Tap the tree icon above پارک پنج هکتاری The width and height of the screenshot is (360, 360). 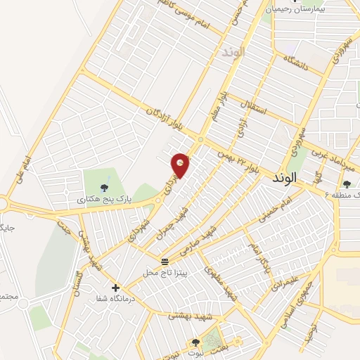click(x=104, y=187)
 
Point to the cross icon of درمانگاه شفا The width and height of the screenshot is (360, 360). click(x=116, y=287)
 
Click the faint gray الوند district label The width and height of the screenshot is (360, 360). click(x=231, y=53)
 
